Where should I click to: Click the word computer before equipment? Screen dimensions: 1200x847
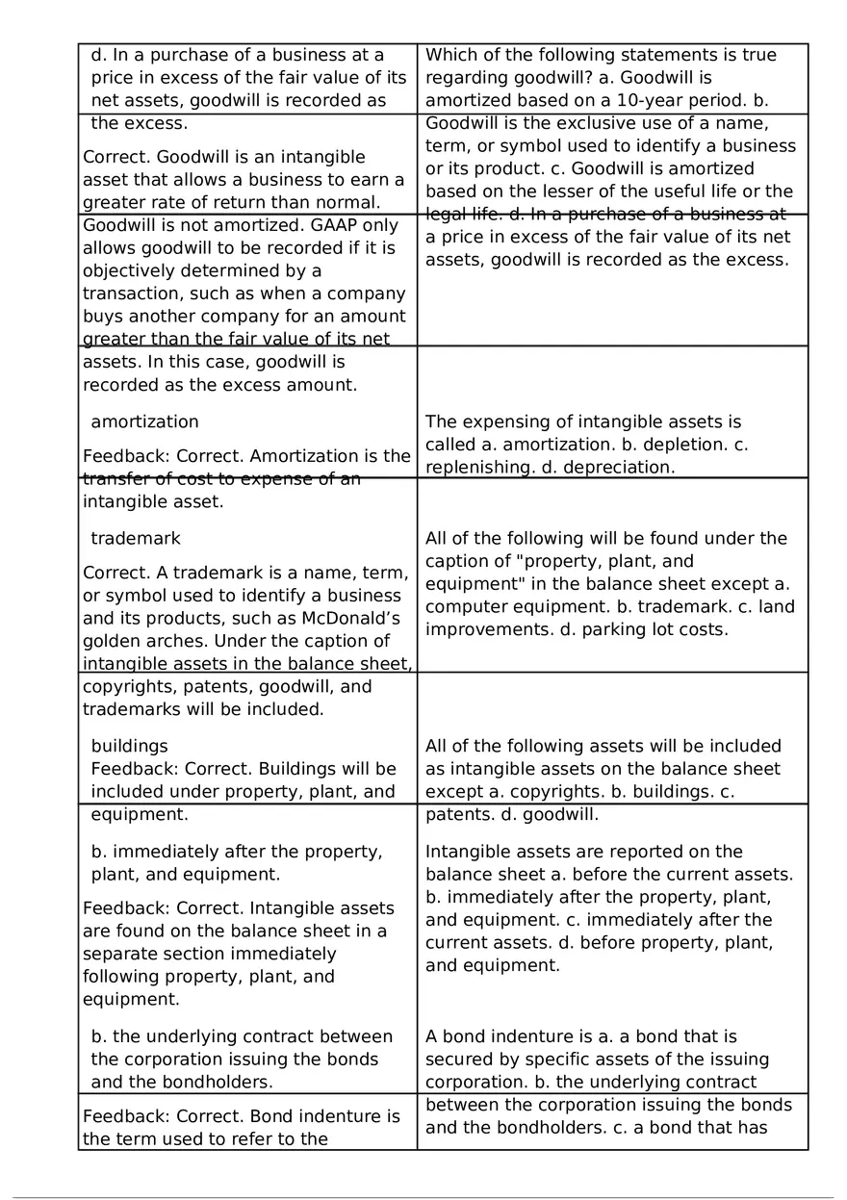click(463, 606)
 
